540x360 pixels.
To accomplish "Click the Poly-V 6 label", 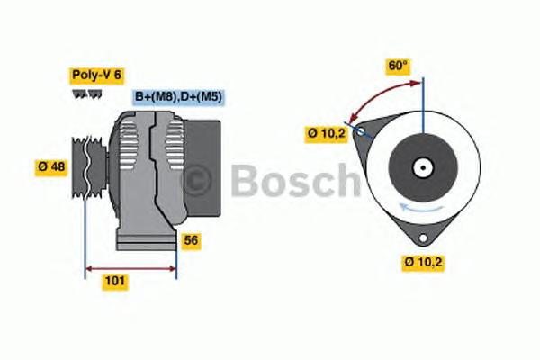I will [x=95, y=76].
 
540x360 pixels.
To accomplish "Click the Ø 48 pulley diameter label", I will [x=52, y=166].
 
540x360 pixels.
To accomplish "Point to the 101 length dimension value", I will [x=115, y=282].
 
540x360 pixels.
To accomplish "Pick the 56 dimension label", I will [x=190, y=240].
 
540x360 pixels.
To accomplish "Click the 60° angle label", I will [x=397, y=66].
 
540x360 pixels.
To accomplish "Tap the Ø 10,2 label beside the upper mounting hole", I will [x=326, y=134].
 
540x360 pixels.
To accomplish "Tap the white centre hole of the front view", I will [x=421, y=166].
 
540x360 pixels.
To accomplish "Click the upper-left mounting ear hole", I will [x=361, y=131].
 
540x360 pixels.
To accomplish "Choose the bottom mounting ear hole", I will [x=422, y=237].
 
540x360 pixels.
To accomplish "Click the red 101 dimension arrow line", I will [x=130, y=267].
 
